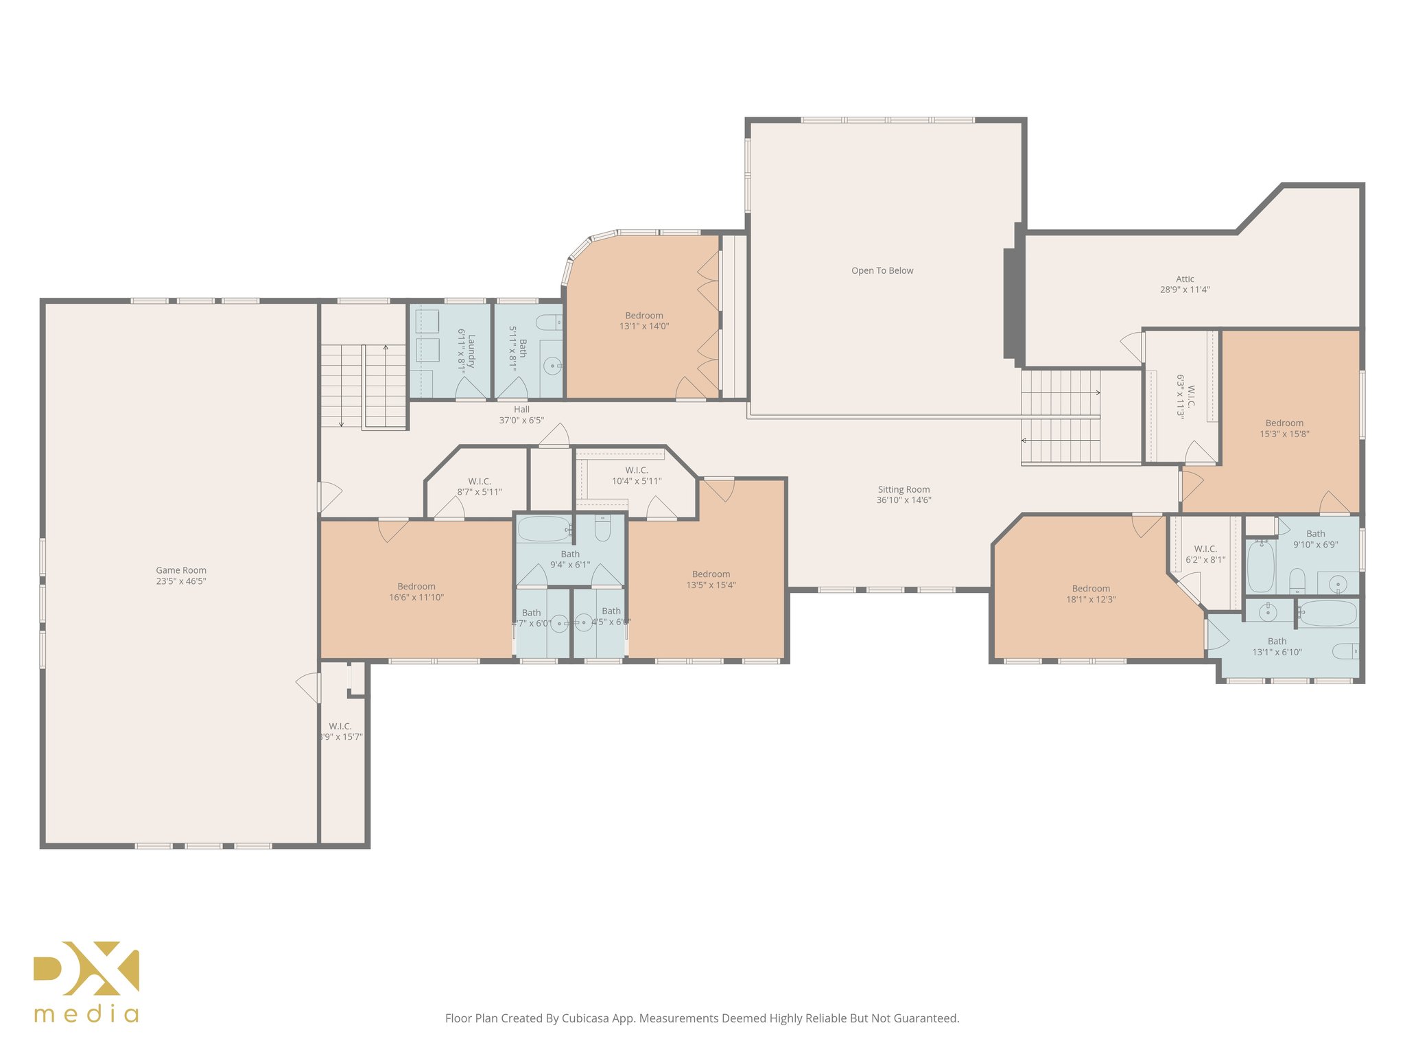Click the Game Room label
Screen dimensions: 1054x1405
[x=180, y=570]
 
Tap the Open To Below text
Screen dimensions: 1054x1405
[x=882, y=271]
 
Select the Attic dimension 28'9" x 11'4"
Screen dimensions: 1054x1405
[x=1185, y=290]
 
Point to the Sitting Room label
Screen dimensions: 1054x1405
[x=904, y=490]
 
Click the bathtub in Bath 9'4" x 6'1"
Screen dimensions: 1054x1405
[x=544, y=529]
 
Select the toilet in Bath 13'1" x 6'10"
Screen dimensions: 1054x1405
[x=1345, y=651]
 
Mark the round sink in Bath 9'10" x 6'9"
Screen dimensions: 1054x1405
[x=1338, y=585]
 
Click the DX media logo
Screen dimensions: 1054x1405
[x=86, y=981]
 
